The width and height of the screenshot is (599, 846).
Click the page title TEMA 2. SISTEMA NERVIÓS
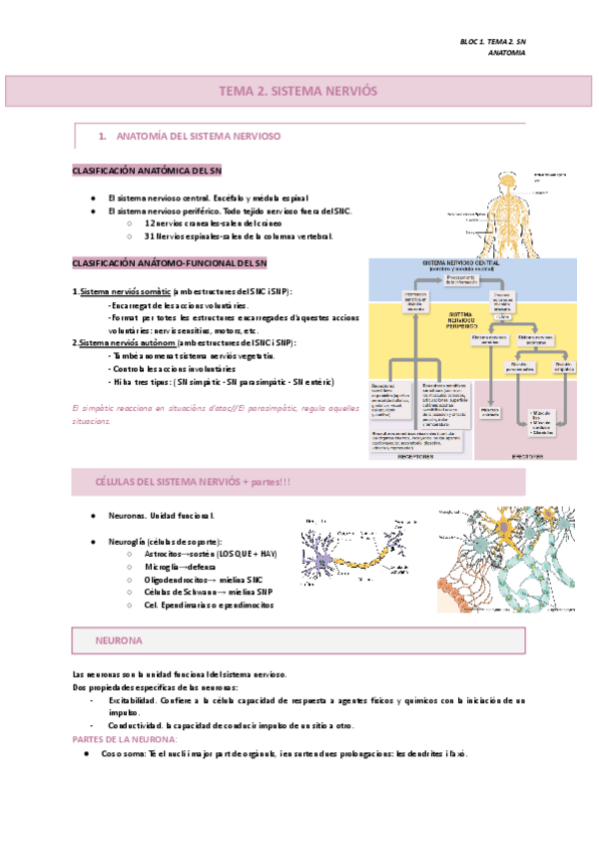pos(299,90)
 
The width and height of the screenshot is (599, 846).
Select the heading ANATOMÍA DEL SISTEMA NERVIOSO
pos(199,135)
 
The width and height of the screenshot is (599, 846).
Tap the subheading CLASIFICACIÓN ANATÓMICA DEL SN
pos(153,171)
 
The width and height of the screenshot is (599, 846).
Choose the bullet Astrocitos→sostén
pos(209,552)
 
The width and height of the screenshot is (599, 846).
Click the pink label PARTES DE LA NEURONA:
pos(126,739)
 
